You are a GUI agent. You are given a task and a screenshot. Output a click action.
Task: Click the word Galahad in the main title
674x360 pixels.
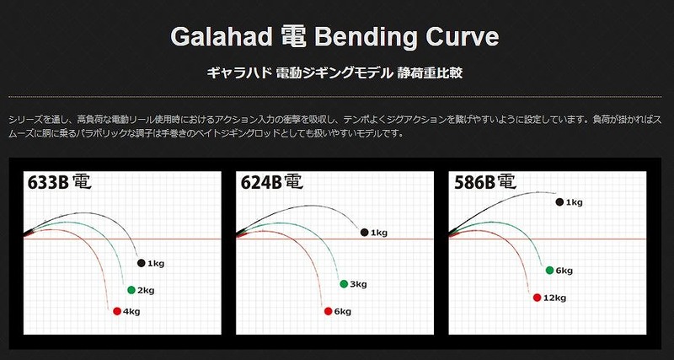click(x=222, y=36)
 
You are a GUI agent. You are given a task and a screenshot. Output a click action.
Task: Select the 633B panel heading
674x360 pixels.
click(x=59, y=182)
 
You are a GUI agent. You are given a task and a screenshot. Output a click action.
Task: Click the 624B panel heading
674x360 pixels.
click(x=271, y=182)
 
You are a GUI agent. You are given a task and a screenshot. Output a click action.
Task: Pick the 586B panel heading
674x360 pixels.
click(x=485, y=182)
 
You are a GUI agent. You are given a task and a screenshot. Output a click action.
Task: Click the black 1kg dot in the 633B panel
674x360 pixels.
click(x=141, y=263)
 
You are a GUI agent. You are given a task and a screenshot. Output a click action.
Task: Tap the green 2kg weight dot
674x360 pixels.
click(x=131, y=290)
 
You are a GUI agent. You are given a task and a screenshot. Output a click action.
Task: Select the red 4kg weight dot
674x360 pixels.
click(x=117, y=311)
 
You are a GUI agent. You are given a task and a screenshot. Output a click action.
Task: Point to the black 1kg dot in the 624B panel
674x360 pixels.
click(x=365, y=232)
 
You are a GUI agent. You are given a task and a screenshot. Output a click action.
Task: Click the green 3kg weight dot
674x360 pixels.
click(x=344, y=284)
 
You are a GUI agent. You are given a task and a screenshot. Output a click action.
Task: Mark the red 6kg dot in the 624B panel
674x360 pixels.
click(x=329, y=311)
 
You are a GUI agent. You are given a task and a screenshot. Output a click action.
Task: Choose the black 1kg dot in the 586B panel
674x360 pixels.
click(x=559, y=202)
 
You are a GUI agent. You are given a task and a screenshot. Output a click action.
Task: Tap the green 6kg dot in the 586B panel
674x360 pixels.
click(x=549, y=270)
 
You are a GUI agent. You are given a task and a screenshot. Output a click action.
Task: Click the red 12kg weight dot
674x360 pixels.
click(x=537, y=298)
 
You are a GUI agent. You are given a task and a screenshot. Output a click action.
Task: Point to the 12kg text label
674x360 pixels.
click(x=555, y=298)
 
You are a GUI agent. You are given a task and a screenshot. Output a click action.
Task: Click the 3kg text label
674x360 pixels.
click(x=359, y=285)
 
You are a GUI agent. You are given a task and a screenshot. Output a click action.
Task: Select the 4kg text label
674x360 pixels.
click(x=131, y=312)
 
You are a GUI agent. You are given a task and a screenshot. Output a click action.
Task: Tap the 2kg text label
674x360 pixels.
click(x=146, y=291)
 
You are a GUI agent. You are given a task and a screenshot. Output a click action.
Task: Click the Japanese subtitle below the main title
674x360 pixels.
click(x=334, y=73)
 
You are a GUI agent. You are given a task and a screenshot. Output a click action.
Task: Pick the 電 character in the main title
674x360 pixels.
click(x=294, y=36)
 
